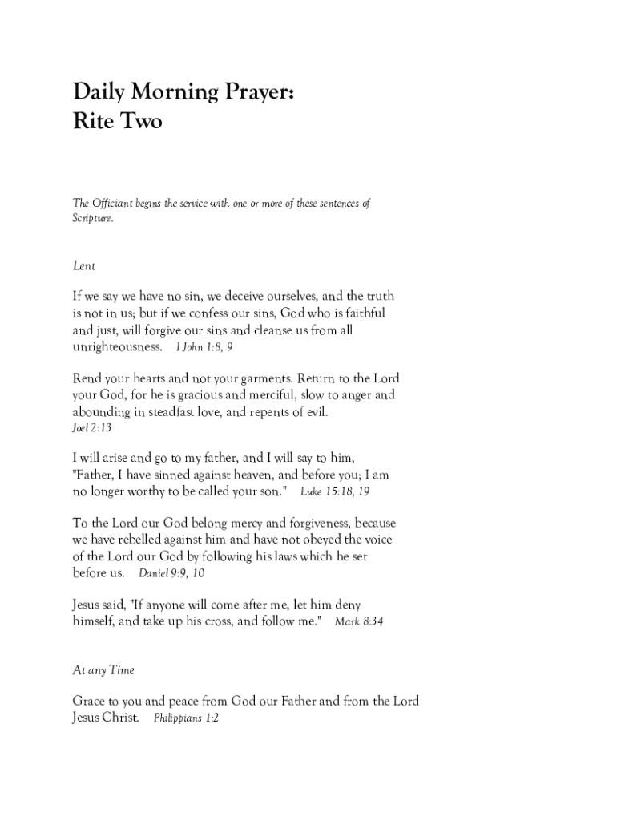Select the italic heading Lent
[83, 265]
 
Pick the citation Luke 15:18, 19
[335, 490]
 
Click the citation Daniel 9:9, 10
[171, 573]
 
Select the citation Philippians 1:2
[186, 718]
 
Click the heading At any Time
[103, 670]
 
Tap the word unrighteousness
[117, 347]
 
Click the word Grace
[90, 702]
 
